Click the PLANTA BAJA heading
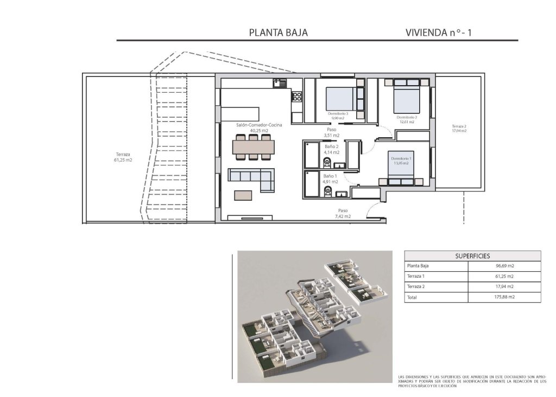278,32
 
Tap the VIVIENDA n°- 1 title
439,32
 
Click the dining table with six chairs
254,148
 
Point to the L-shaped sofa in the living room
251,177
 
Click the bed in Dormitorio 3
344,99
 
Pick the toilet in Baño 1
326,192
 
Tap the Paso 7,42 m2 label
343,213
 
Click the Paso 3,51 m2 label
331,132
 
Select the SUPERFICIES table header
472,255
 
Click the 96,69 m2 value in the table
504,266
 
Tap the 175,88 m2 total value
504,297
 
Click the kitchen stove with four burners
297,97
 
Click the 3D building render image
314,316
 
